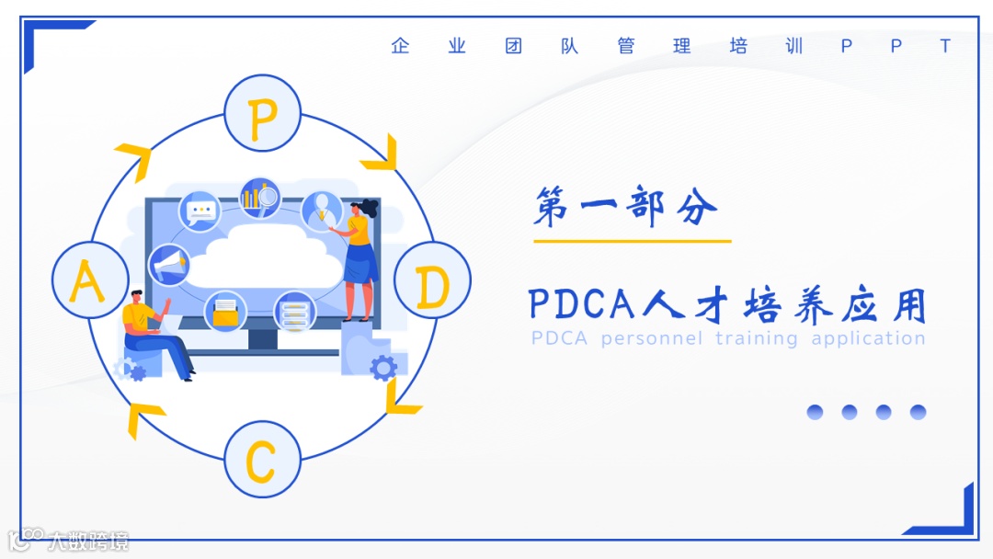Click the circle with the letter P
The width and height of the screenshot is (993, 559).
263,113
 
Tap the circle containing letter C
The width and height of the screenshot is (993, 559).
262,460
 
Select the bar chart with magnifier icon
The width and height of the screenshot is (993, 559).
260,197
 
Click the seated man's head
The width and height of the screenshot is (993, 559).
134,297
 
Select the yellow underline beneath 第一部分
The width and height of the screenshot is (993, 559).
632,241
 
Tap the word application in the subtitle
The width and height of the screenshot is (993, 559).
868,338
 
